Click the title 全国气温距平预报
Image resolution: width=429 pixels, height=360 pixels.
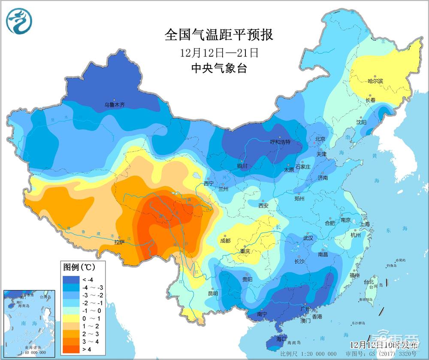tap(219, 35)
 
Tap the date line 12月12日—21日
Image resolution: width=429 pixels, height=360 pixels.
tap(219, 53)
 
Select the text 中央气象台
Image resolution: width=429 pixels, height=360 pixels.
tap(219, 69)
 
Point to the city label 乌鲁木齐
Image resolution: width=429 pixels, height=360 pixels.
tap(115, 104)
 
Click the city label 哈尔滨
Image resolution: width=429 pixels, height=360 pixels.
tap(376, 81)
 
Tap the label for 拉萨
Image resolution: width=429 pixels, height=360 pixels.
tap(120, 242)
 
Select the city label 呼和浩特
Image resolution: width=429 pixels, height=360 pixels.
tap(280, 142)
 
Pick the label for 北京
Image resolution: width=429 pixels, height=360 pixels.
tap(320, 139)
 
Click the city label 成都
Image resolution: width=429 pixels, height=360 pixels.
tap(226, 241)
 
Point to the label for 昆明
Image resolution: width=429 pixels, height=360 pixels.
tap(213, 293)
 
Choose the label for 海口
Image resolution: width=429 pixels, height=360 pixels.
tap(281, 339)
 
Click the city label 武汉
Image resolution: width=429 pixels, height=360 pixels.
tap(308, 238)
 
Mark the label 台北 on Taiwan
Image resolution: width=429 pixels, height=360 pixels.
tap(369, 282)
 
